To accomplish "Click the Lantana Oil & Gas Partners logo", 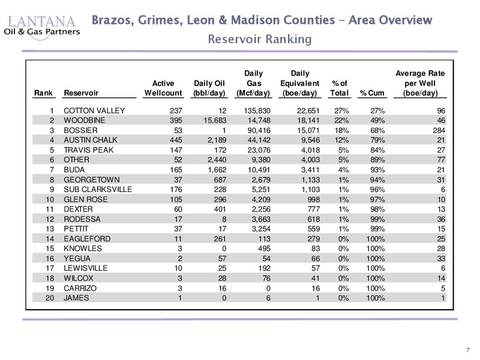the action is tap(42, 28).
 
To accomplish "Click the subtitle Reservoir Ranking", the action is tap(260, 39).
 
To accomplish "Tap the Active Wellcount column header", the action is tap(163, 88).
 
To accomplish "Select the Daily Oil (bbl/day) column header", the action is tap(209, 88).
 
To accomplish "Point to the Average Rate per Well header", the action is tap(420, 83).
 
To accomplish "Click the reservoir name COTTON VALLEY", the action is tap(94, 110).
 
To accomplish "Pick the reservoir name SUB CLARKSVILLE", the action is tap(98, 190).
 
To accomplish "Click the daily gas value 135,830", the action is tap(257, 111).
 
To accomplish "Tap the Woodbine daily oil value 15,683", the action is tap(215, 121).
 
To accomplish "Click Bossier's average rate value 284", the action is tap(439, 130).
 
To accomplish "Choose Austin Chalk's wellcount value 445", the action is tap(176, 140).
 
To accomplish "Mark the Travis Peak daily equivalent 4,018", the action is tap(310, 150).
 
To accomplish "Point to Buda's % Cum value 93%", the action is tap(377, 170).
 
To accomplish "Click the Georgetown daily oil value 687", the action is tap(220, 179).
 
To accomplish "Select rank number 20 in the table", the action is tap(50, 298).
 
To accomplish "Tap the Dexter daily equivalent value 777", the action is tap(313, 209).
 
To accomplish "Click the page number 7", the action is tap(468, 350).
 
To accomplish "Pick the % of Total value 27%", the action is tap(341, 111).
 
